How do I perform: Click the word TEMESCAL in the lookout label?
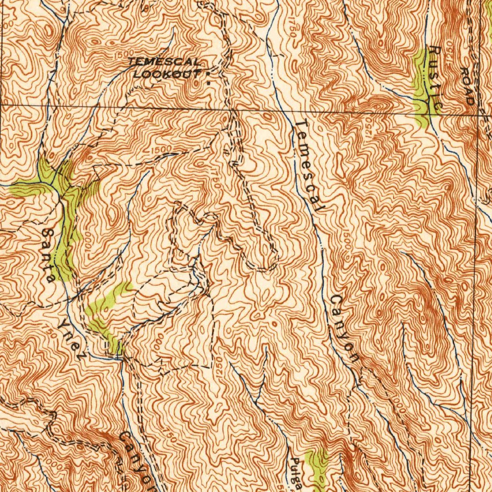tap(164, 62)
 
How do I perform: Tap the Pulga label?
tap(296, 473)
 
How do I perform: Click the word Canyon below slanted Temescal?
tap(344, 329)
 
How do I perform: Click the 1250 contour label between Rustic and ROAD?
tap(450, 49)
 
